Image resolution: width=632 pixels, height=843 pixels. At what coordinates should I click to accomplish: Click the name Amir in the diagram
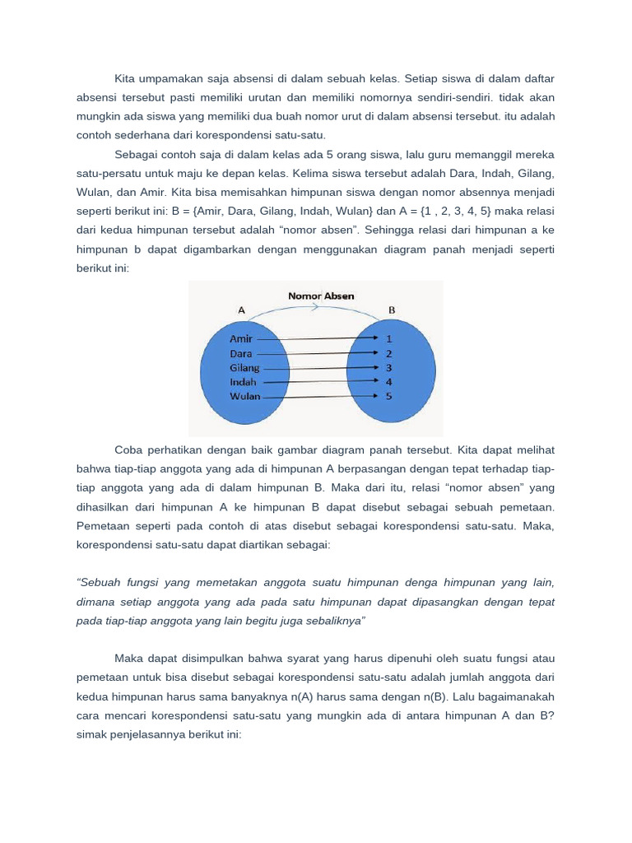point(241,338)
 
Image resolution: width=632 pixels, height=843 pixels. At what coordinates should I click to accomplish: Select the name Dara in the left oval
point(241,353)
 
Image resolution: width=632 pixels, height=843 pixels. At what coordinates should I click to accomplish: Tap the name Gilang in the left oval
point(244,368)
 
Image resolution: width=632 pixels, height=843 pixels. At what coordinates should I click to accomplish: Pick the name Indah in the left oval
point(243,382)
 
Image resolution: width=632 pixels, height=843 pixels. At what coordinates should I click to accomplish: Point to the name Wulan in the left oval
point(244,396)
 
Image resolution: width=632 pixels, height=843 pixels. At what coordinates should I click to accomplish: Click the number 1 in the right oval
point(389,338)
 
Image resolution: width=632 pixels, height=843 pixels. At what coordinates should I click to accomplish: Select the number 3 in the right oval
point(389,367)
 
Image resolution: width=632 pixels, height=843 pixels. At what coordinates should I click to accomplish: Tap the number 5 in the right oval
point(389,396)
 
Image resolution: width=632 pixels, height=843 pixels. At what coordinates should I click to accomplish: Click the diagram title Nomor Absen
point(320,296)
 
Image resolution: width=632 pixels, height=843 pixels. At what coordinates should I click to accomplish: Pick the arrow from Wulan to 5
point(321,396)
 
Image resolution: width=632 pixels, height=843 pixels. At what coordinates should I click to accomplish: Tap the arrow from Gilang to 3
point(321,367)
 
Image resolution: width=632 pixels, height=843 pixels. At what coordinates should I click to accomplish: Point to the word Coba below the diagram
point(128,449)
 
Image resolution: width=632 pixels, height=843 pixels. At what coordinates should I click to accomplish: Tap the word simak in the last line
point(91,734)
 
